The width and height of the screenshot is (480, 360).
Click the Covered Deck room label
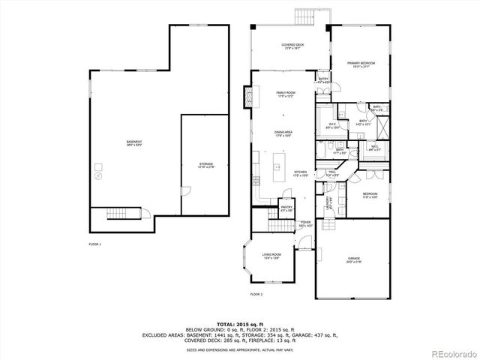tap(292, 46)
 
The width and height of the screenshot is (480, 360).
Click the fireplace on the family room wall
tap(247, 95)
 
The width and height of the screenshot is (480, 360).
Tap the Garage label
tap(353, 261)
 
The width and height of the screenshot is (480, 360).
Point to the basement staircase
tap(121, 214)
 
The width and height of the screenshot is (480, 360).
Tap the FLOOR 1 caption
tap(94, 244)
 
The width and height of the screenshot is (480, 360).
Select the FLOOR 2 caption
tap(256, 294)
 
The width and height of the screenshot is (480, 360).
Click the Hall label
tap(332, 174)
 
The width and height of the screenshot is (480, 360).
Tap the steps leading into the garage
tap(329, 224)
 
